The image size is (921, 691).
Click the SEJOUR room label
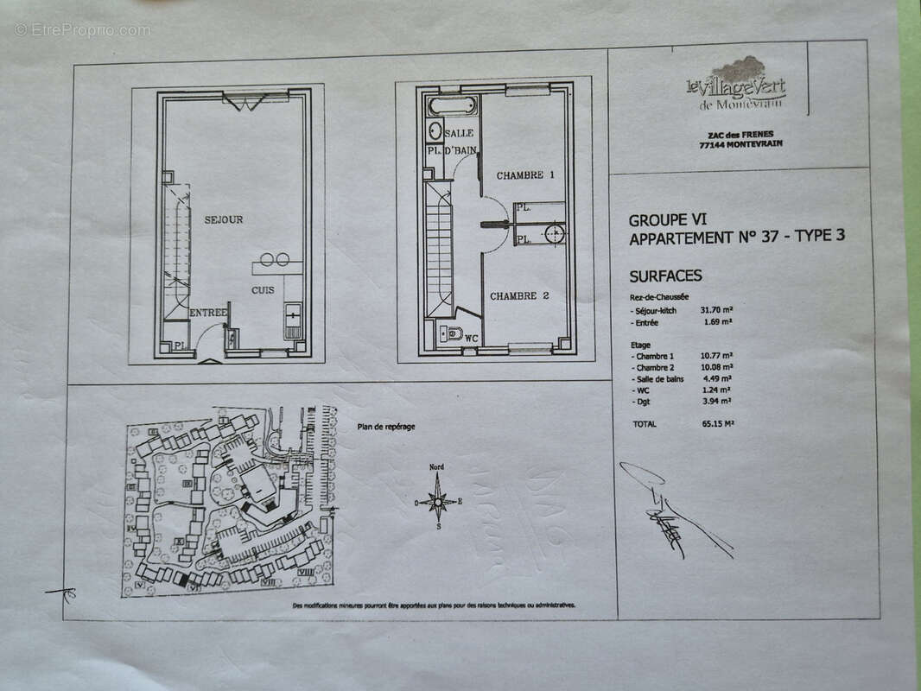coord(223,219)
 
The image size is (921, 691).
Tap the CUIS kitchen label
coord(263,290)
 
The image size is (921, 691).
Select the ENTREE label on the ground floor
coord(208,313)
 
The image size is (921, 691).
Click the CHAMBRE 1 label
coord(524,175)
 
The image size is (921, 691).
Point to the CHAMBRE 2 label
coord(519,296)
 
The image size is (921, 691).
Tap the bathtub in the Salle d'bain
coord(451,108)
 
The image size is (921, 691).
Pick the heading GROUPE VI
coord(667,220)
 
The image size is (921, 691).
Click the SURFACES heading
coord(665,276)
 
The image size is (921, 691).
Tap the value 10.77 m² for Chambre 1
coord(716,356)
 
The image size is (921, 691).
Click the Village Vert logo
coord(735,85)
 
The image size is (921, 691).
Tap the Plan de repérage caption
coord(385,426)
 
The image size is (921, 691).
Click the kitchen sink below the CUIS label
coord(293,321)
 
